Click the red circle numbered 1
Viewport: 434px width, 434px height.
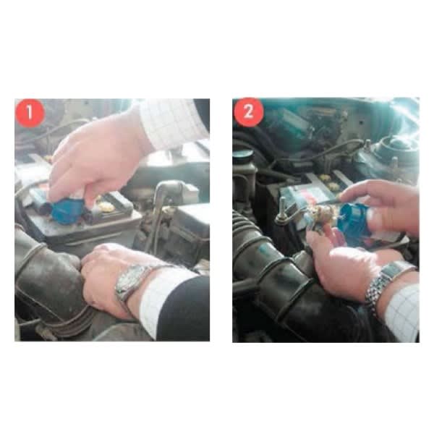[x=30, y=113]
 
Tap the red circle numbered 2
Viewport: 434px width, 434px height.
[x=248, y=112]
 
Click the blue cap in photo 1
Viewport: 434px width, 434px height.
[x=67, y=211]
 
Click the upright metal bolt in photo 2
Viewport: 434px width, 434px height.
[x=282, y=210]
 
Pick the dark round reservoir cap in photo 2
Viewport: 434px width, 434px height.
[x=243, y=156]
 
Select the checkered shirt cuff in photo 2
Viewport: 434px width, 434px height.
[x=403, y=312]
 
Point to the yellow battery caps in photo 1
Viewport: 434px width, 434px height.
[x=106, y=205]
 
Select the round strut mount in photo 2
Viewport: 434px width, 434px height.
[x=396, y=152]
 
